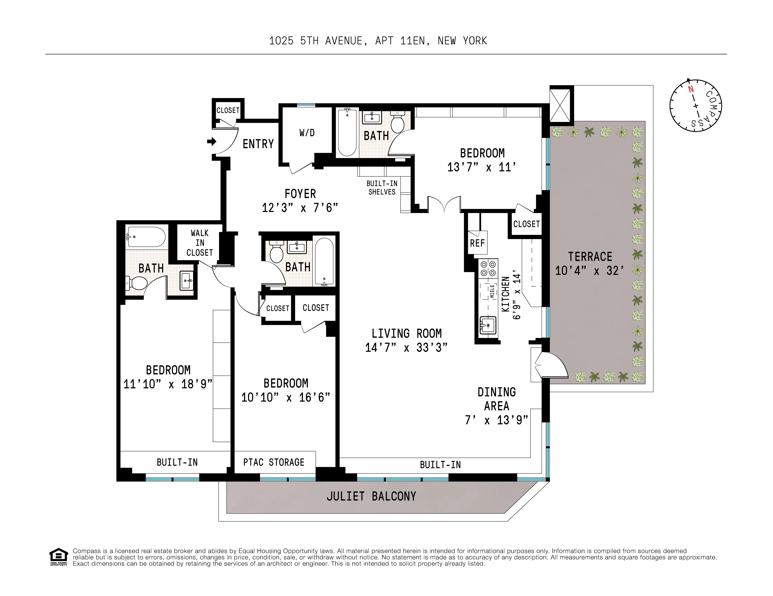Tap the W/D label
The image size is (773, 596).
click(307, 133)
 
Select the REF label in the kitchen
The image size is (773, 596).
click(477, 243)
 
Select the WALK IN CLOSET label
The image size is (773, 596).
click(200, 243)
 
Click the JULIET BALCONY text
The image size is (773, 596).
click(371, 496)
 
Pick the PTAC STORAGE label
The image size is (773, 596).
click(274, 462)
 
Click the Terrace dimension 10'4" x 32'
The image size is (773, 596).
click(589, 271)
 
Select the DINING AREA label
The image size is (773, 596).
click(497, 399)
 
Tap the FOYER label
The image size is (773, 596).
click(300, 194)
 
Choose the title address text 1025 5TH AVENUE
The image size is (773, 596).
click(316, 41)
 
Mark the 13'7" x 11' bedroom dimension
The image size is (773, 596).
click(481, 167)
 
